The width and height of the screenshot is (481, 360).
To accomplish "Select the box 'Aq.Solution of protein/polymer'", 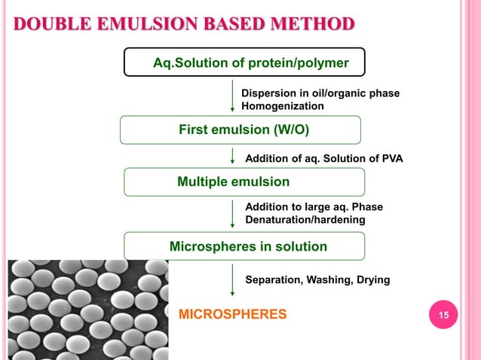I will (x=244, y=63).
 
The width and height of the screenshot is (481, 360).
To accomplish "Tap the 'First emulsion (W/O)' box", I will (x=240, y=130).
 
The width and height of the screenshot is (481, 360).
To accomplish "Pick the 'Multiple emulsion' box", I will (x=244, y=182).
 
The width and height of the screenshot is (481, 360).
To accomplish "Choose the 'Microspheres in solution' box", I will (x=244, y=246).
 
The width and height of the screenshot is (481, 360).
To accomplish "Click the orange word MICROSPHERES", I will (x=231, y=313).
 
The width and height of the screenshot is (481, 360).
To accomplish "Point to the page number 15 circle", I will (x=443, y=314).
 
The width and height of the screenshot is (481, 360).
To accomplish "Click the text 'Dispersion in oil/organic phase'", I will (x=320, y=93).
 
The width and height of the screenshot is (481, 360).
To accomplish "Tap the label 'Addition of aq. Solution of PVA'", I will (x=324, y=158).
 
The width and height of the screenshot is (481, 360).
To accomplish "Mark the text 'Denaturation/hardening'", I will (x=305, y=220).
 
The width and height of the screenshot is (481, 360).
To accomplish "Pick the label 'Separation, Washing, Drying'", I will (x=317, y=280).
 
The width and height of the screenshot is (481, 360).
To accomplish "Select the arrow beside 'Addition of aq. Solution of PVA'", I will (x=232, y=156).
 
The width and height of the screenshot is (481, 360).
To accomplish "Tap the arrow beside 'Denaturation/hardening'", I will (x=232, y=213).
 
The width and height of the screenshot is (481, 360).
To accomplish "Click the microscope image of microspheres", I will (x=87, y=309).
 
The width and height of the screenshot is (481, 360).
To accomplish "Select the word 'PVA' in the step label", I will (x=391, y=158).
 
